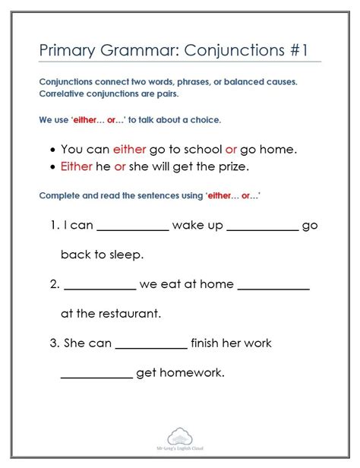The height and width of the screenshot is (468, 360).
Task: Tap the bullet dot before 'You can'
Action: pyautogui.click(x=52, y=150)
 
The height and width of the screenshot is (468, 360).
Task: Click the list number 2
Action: pyautogui.click(x=54, y=284)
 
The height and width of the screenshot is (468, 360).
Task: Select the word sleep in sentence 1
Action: pyautogui.click(x=125, y=255)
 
